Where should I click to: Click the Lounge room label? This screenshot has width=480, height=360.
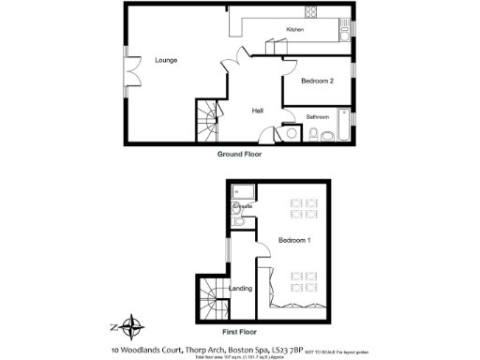166,60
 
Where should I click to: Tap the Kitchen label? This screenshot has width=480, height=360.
295,31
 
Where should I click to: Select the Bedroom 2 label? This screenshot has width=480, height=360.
318,82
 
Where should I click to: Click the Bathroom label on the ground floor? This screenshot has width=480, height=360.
318,116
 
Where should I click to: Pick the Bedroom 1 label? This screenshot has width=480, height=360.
294,241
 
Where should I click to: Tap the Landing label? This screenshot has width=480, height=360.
241,288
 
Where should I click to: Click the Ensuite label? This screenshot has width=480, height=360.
242,204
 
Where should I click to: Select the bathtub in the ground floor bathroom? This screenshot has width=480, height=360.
343,124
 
